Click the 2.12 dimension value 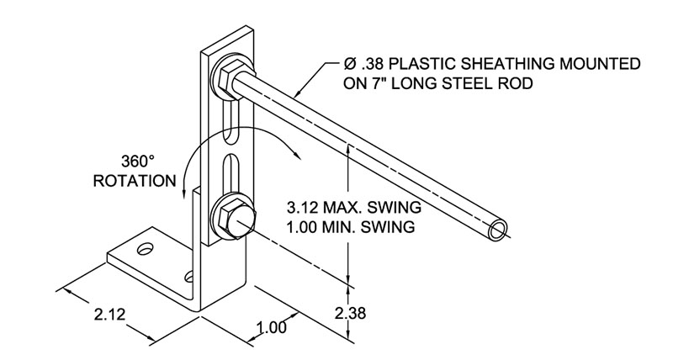tap(109, 315)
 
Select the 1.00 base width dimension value tap(270, 326)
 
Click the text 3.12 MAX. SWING tap(352, 207)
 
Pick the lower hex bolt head tap(230, 216)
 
